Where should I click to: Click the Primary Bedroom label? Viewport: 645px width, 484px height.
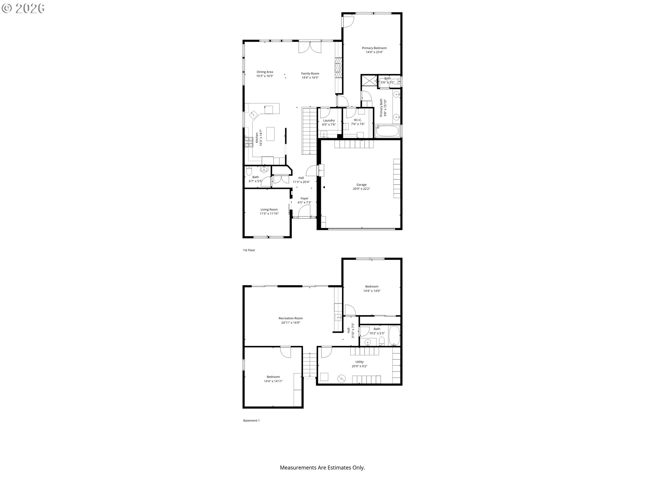point(374,48)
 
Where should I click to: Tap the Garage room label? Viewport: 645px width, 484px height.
point(361,185)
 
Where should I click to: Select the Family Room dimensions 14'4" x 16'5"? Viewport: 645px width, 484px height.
point(310,78)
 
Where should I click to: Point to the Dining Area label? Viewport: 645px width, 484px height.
point(265,72)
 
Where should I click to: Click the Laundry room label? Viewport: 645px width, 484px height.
point(329,120)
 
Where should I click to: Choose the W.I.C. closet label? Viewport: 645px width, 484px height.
point(358,120)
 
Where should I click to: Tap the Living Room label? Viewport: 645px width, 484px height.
point(269,209)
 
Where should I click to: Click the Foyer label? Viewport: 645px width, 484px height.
point(304,198)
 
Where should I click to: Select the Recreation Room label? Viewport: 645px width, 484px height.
point(291,318)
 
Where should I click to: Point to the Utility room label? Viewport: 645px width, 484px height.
point(359,362)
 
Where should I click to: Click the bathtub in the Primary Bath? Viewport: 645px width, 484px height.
point(387,131)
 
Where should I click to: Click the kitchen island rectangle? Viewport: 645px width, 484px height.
point(270,134)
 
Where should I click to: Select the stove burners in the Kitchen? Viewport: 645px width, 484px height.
point(249,142)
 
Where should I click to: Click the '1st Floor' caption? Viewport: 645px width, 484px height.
point(249,250)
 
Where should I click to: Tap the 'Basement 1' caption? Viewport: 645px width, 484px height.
point(251,420)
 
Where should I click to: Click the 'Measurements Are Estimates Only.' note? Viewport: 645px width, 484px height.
point(322,468)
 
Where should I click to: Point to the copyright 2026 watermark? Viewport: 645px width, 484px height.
point(23,8)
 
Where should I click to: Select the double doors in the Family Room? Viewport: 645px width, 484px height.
point(310,47)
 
